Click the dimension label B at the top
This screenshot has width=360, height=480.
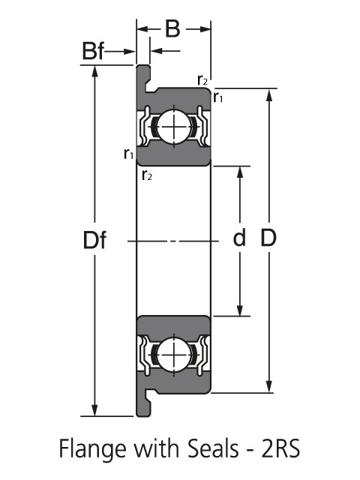click(172, 29)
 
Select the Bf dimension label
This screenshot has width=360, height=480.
click(93, 51)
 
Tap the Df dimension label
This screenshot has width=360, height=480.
click(94, 240)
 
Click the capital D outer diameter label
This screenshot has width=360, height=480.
click(268, 238)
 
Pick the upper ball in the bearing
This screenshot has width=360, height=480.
click(174, 127)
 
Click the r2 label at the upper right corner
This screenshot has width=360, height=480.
click(202, 80)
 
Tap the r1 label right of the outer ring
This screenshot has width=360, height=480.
click(218, 97)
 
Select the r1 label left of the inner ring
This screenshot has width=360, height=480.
click(128, 154)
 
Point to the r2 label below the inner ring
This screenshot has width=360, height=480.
click(147, 175)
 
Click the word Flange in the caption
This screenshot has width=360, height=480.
click(92, 449)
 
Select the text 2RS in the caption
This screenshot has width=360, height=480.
click(280, 448)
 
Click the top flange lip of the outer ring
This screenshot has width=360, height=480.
click(143, 79)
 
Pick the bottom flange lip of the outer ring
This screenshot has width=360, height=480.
click(143, 403)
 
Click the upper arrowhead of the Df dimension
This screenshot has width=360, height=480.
click(94, 71)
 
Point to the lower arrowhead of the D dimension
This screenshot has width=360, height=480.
click(268, 386)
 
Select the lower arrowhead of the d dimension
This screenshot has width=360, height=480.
click(240, 310)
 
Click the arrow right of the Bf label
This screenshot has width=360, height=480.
click(120, 51)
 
